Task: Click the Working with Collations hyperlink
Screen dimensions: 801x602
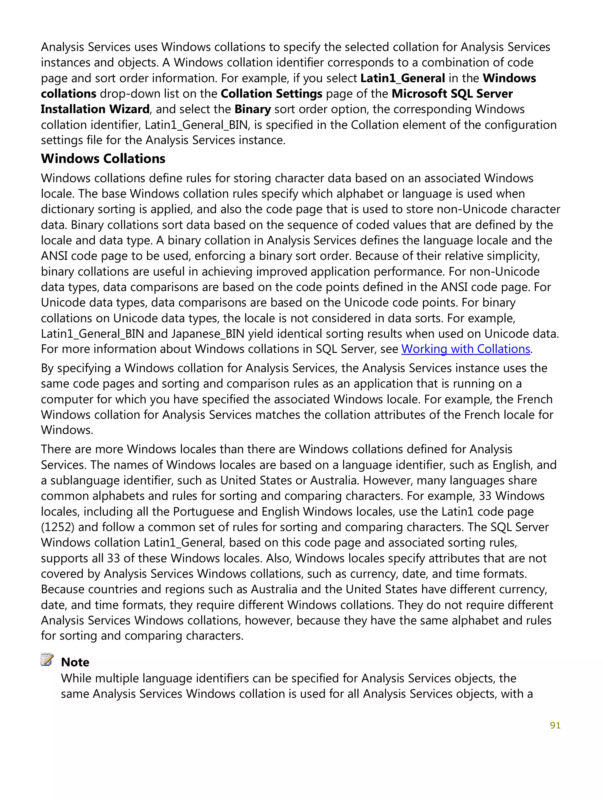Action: tap(465, 349)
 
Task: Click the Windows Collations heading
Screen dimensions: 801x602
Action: tap(103, 159)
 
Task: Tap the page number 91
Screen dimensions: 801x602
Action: tap(555, 725)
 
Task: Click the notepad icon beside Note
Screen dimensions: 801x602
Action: tap(47, 659)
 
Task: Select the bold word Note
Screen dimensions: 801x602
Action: tap(75, 662)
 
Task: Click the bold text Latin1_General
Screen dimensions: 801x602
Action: tap(402, 78)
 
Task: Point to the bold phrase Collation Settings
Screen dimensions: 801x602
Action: tap(271, 94)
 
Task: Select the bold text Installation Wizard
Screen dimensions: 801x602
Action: tap(95, 109)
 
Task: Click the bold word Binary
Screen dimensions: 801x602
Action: tap(252, 109)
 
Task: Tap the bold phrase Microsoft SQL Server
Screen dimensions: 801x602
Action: tap(452, 94)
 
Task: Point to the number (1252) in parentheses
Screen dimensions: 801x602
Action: tap(58, 527)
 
